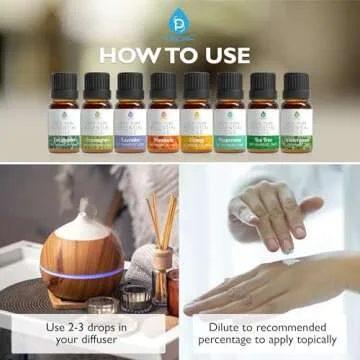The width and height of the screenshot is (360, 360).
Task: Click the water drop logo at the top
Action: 180,19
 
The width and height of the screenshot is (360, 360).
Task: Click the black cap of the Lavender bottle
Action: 130,84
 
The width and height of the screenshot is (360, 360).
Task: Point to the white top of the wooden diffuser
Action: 86,219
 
